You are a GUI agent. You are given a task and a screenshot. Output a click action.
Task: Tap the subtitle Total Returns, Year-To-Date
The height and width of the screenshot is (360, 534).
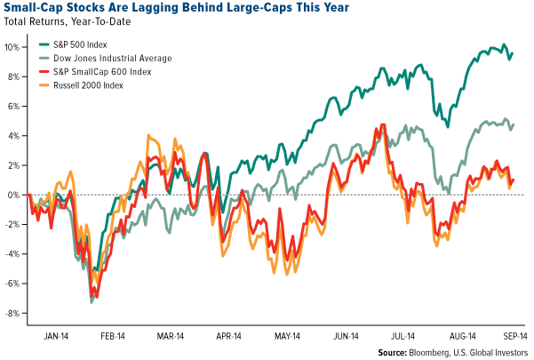[67, 25]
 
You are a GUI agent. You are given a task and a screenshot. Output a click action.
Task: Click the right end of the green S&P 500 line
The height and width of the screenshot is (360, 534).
[512, 53]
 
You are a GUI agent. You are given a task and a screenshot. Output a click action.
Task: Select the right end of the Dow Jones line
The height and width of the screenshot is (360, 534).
[513, 124]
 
